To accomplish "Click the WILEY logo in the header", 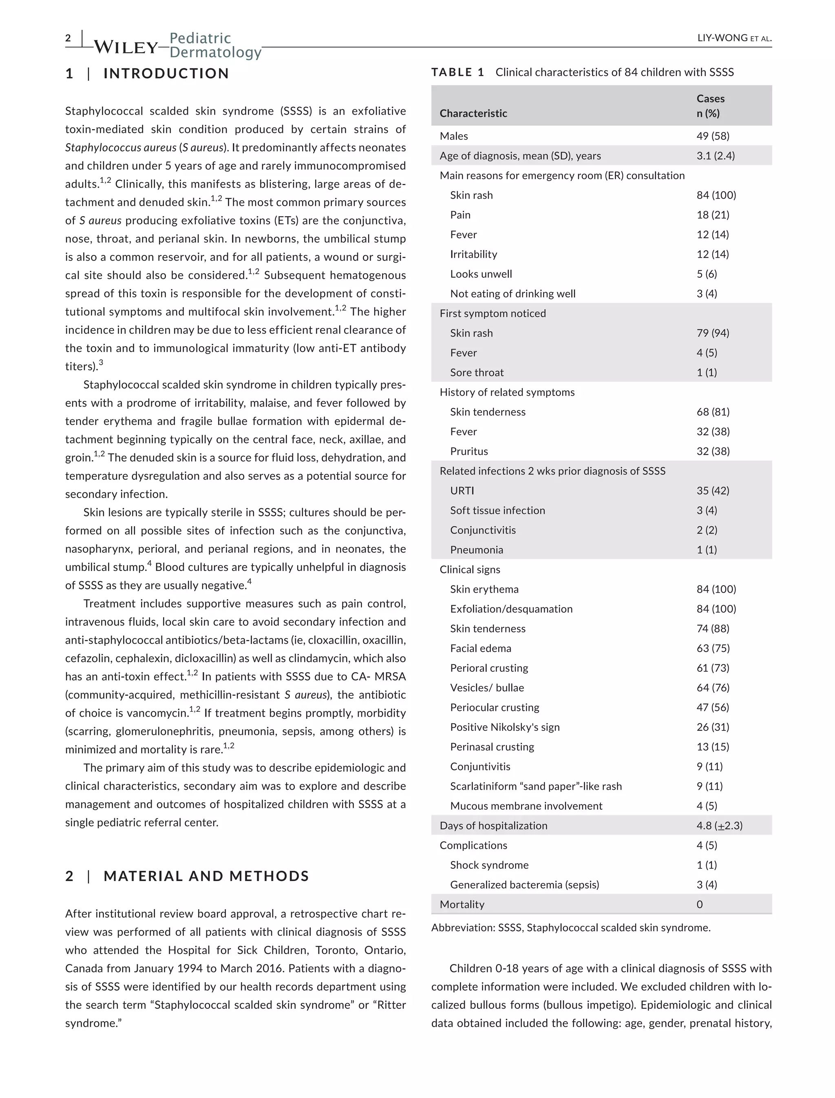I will coord(125,47).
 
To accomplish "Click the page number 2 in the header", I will coord(68,38).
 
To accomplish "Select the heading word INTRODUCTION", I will coord(166,73).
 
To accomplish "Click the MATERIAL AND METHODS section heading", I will coord(206,876).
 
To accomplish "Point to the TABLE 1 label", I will coord(457,72).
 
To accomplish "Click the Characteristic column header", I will coord(473,113).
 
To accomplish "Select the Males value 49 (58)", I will coord(713,136).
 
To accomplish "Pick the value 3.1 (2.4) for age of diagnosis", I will coord(715,156).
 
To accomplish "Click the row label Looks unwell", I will coord(481,274).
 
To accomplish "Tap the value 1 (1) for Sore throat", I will coord(706,372).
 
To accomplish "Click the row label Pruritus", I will coord(469,451).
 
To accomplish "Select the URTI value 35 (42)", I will coord(713,491).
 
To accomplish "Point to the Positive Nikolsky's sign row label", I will coord(504,727).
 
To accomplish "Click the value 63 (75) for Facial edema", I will coord(713,649).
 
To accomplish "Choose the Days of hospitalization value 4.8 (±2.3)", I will coord(719,826).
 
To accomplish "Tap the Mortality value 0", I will coord(699,905).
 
